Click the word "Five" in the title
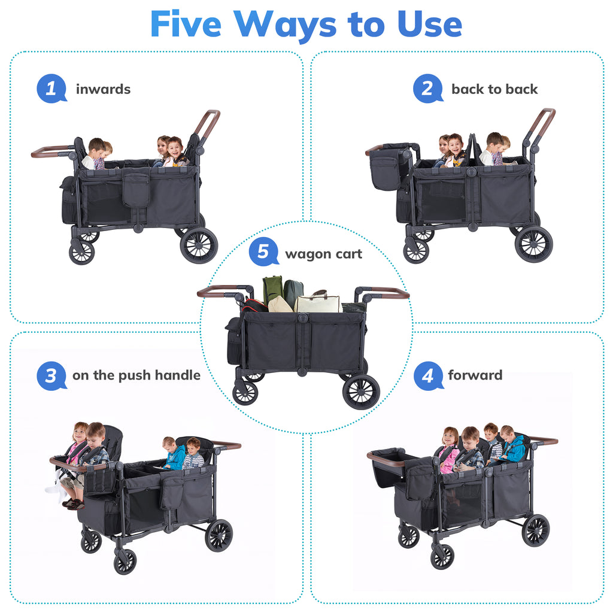(x=186, y=24)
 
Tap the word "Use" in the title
(x=429, y=24)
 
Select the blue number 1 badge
(x=51, y=89)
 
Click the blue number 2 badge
(x=427, y=89)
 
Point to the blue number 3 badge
(x=51, y=376)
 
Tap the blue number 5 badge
(x=263, y=251)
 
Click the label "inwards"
(x=103, y=89)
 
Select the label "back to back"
(x=494, y=89)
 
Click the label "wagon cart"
(x=324, y=254)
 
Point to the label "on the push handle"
(x=136, y=375)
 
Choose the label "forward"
(x=475, y=375)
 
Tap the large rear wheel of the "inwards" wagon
(x=199, y=245)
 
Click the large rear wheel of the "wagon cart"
(x=361, y=392)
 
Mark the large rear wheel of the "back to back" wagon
(x=534, y=244)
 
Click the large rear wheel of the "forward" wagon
(x=536, y=530)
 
